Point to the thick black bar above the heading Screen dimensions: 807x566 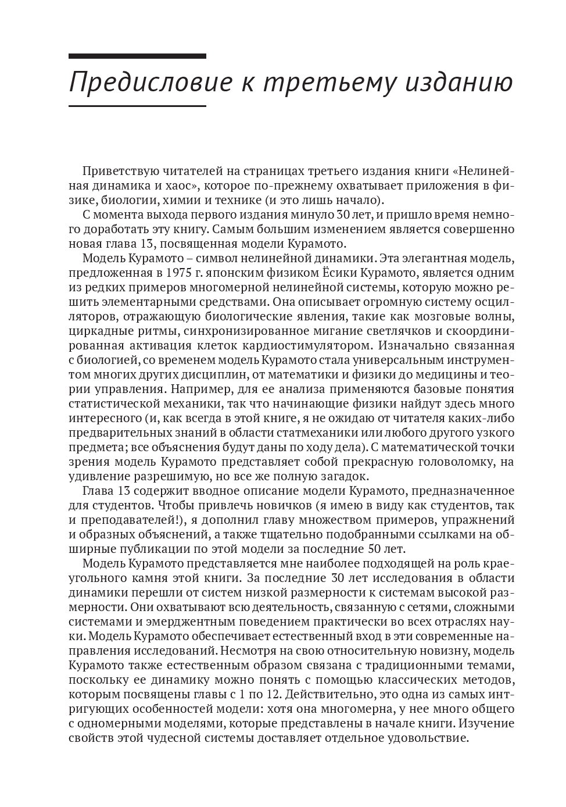coord(137,56)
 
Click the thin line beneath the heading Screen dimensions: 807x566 coord(137,106)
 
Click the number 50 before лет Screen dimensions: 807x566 coord(375,548)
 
